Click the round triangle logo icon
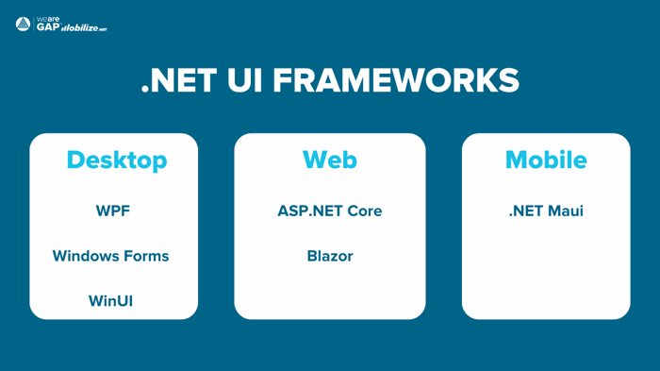coord(24,25)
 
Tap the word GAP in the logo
coord(47,27)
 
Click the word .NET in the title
coord(179,80)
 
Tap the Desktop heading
coord(116,160)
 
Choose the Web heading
coord(329,160)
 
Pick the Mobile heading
coord(545,160)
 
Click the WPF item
coord(112,211)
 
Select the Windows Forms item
coord(110,256)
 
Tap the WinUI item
coord(110,301)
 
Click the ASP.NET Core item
coord(329,211)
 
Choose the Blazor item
coord(329,256)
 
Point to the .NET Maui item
coord(545,211)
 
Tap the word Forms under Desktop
coord(145,256)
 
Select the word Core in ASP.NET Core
coord(362,211)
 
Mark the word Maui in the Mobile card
coord(565,211)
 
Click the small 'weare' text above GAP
coord(47,19)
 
